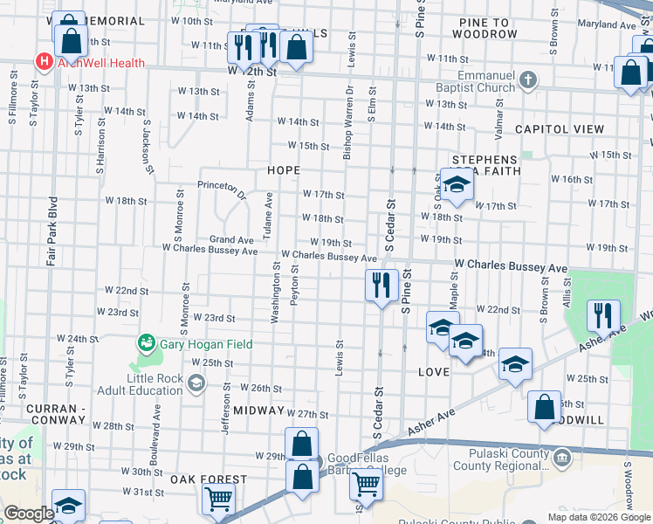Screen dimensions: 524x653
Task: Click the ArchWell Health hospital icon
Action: [42, 61]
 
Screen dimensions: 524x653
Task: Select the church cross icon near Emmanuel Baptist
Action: [527, 81]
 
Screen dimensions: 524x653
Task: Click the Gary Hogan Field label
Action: [206, 344]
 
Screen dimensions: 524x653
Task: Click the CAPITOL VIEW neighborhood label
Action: [560, 129]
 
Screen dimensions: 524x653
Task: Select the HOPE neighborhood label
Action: [284, 170]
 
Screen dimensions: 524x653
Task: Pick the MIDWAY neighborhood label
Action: [259, 410]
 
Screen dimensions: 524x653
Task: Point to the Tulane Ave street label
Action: [269, 217]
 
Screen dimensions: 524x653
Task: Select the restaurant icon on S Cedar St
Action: [381, 285]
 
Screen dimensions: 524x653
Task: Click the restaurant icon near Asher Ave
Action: [603, 315]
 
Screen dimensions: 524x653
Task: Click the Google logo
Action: [29, 514]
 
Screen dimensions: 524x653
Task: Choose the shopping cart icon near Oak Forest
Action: [217, 499]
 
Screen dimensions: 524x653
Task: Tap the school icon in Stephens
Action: [454, 185]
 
